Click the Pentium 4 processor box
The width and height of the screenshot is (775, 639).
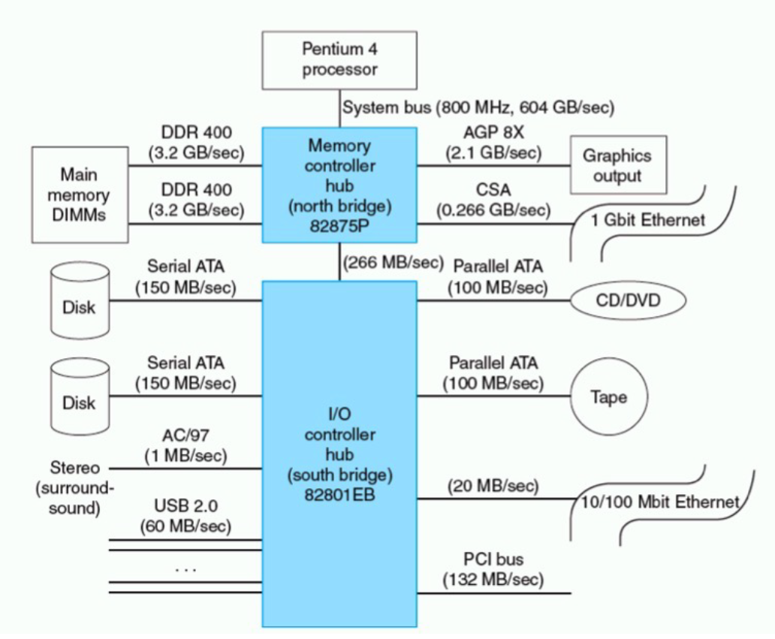[339, 60]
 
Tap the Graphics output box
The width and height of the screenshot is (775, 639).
[618, 166]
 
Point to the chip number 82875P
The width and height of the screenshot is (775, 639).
[339, 223]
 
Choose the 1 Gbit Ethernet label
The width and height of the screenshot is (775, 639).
[648, 220]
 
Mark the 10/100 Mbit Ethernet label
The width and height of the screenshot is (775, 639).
[661, 502]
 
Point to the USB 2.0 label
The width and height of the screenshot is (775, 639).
[185, 505]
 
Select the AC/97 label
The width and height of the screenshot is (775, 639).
[185, 436]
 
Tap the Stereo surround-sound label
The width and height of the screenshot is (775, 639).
[74, 487]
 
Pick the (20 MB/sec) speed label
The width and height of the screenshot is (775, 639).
[493, 486]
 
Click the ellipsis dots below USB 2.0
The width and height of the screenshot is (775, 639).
[185, 568]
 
